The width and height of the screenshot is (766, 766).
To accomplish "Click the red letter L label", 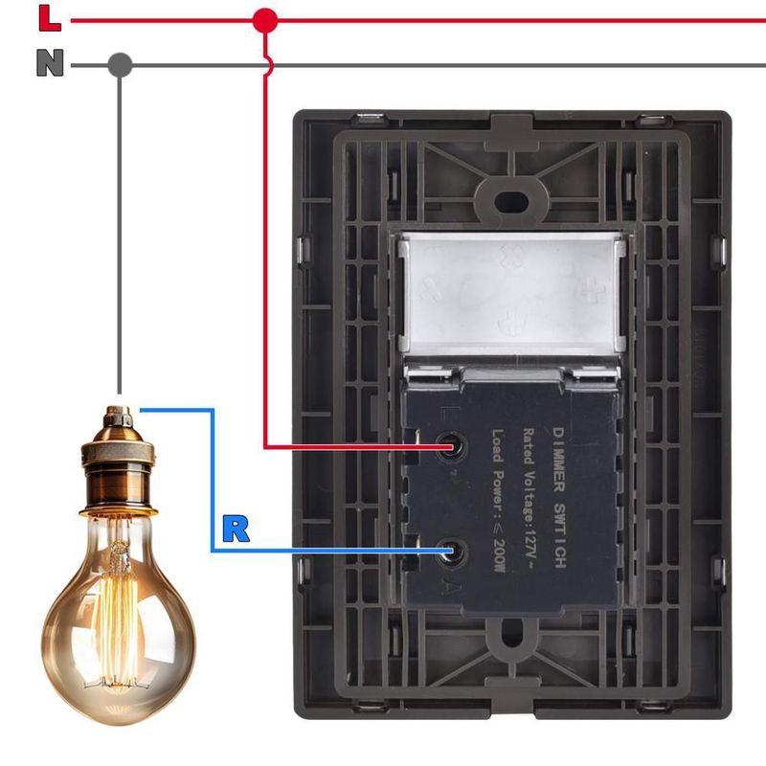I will (48, 16).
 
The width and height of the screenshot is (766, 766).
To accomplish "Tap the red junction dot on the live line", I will (265, 19).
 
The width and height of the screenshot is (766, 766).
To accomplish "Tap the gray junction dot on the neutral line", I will (120, 65).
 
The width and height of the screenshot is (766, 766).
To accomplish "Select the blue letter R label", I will (235, 529).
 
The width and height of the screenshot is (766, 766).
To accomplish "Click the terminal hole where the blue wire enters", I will (451, 552).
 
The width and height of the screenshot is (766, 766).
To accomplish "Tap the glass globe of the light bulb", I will (119, 613).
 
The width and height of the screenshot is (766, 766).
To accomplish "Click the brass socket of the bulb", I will (118, 460).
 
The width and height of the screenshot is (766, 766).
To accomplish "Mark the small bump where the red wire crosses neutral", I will (267, 65).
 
